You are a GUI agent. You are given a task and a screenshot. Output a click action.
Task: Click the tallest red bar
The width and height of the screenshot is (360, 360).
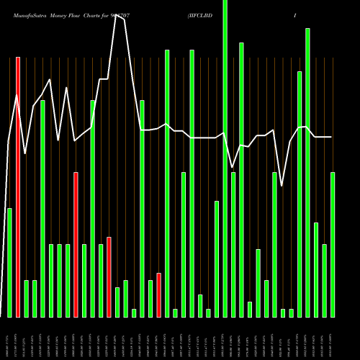tap(18, 187)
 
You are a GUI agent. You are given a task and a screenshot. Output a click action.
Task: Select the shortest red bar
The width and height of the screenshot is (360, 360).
tap(158, 295)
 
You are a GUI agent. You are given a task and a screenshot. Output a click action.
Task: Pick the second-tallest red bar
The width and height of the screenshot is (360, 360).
tap(76, 245)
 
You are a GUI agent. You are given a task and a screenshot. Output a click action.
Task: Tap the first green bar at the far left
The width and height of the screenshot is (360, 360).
tap(9, 263)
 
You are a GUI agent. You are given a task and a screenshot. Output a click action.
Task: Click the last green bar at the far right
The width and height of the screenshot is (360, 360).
tap(333, 245)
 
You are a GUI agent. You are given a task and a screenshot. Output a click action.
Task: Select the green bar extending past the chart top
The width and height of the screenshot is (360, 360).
tap(225, 158)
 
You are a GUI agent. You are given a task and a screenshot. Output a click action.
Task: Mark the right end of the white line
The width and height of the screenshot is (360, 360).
tap(331, 137)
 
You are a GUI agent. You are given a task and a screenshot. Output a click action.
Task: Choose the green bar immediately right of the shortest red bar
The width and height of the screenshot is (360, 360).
tap(167, 184)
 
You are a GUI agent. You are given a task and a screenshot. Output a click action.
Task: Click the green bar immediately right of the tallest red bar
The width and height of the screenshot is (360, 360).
tap(26, 299)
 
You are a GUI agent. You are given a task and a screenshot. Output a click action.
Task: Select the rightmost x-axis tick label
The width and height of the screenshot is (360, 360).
tap(333, 338)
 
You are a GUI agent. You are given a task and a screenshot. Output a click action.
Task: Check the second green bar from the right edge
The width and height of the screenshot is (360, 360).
tap(324, 281)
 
